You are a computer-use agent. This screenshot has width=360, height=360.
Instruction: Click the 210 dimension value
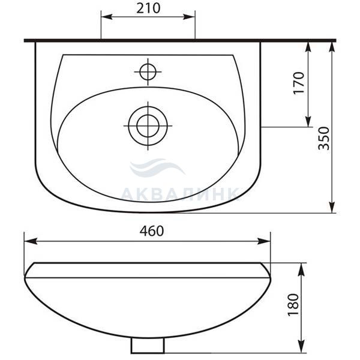(x=148, y=9)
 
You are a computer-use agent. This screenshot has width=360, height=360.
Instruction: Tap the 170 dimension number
(x=299, y=83)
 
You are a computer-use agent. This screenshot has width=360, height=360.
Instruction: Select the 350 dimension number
(x=324, y=138)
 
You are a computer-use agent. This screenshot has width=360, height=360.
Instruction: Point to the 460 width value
(x=152, y=231)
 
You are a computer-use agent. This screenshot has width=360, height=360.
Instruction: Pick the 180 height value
(x=293, y=305)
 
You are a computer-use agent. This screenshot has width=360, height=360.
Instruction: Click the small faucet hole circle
(x=148, y=72)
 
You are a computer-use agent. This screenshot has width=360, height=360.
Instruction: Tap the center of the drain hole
(x=148, y=126)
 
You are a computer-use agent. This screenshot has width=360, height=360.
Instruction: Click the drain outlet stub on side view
(x=148, y=346)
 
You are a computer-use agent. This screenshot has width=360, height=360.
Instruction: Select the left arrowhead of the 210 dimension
(x=107, y=17)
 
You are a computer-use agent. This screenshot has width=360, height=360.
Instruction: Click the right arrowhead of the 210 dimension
(x=189, y=17)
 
